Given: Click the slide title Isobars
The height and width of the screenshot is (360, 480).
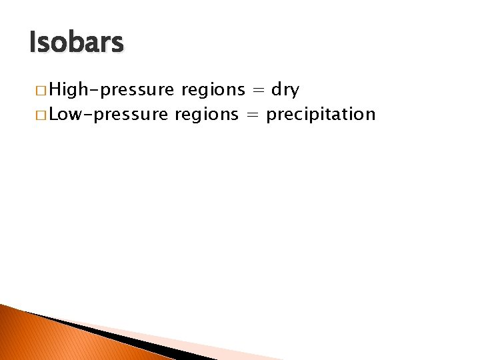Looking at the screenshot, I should tap(77, 43).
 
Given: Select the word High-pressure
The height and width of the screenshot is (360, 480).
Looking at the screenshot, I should tap(111, 89).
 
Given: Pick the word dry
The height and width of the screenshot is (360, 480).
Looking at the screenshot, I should tap(285, 90).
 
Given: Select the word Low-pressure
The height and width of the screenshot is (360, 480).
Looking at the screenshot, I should tap(109, 115).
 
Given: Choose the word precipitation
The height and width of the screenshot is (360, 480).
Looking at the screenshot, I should tap(321, 115).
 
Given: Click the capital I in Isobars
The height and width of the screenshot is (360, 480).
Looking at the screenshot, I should tap(33, 43).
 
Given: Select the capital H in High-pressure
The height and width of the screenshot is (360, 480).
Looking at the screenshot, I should tap(55, 89).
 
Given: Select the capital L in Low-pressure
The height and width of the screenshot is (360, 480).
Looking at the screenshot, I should tap(54, 115).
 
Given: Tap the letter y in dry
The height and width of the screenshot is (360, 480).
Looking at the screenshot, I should tap(295, 91).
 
